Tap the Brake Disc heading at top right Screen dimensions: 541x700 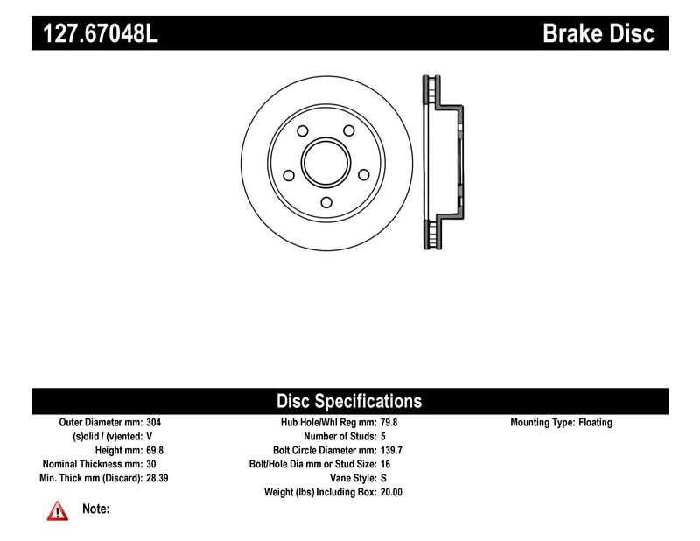598,34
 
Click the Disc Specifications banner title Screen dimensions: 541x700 349,402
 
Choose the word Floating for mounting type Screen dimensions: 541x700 595,422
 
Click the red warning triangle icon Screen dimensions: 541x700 57,510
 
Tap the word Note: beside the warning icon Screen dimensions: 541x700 95,509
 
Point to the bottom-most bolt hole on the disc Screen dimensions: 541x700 325,203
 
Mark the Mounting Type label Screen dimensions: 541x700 542,422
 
